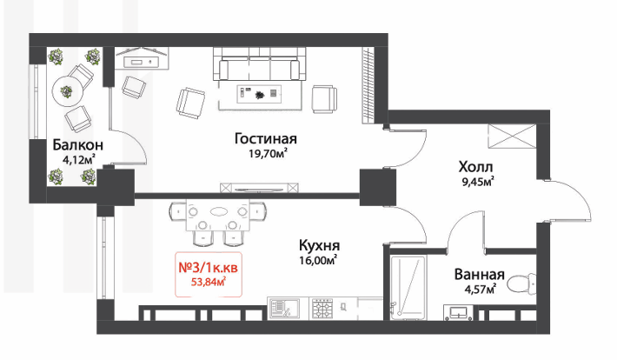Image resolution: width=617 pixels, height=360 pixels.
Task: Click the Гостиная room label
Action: click(266, 138)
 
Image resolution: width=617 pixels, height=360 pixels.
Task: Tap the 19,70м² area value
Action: click(268, 153)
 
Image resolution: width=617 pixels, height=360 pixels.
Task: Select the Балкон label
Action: click(78, 145)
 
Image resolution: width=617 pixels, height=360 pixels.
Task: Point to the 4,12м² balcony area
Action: click(78, 159)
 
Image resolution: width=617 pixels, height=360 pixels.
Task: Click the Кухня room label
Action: click(319, 245)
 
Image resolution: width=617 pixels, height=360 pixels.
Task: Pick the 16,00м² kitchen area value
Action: click(318, 260)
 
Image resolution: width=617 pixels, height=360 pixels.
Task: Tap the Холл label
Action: click(475, 167)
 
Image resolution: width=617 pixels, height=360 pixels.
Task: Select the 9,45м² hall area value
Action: click(478, 182)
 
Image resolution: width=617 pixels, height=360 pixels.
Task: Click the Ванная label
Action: click(480, 275)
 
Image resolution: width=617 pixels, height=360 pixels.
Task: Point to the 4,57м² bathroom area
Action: click(480, 290)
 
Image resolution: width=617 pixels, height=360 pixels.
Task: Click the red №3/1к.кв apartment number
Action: click(209, 268)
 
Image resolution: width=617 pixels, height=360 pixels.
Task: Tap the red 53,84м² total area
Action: click(209, 282)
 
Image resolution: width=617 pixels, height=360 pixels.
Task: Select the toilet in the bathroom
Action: click(521, 284)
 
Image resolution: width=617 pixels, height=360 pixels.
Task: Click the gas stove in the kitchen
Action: click(322, 309)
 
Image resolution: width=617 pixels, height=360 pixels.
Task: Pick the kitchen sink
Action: click(283, 309)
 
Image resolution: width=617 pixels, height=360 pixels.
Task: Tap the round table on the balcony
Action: click(67, 92)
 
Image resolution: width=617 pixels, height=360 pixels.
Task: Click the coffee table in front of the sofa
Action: click(259, 94)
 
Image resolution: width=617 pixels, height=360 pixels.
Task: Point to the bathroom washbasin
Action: click(458, 313)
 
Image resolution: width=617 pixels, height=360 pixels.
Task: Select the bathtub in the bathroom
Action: click(408, 288)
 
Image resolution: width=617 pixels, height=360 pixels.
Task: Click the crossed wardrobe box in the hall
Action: click(512, 137)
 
